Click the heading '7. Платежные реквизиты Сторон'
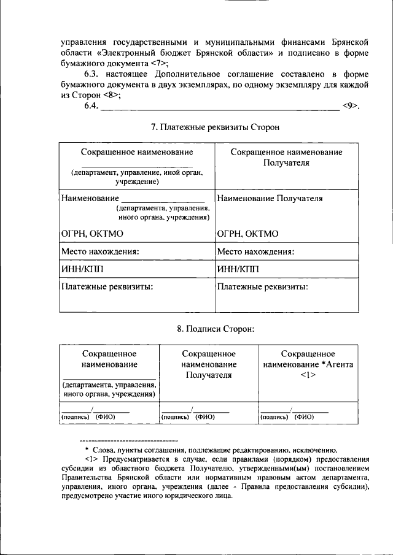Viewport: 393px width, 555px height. pos(215,127)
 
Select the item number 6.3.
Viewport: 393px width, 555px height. pos(92,74)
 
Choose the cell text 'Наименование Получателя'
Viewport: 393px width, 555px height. pos(270,198)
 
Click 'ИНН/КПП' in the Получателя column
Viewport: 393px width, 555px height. pos(238,269)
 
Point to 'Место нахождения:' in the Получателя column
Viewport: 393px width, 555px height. pos(256,251)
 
